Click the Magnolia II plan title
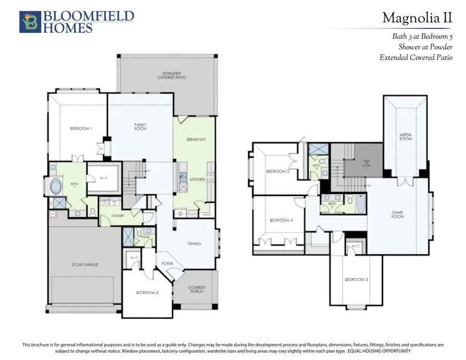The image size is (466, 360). pos(417,18)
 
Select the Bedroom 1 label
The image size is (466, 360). pos(81,128)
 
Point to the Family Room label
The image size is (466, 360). pos(140,126)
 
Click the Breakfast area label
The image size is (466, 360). pos(197,140)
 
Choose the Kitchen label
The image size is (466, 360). pos(197,179)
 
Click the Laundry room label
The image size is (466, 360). pos(117,215)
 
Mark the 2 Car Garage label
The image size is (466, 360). pos(85,264)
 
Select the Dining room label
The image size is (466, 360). pos(194,243)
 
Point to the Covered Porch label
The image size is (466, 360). pos(197,290)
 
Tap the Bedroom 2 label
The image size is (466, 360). pos(147,293)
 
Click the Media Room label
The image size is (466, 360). pos(405,137)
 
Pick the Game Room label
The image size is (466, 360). pos(398,214)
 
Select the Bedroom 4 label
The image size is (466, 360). pos(281,221)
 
